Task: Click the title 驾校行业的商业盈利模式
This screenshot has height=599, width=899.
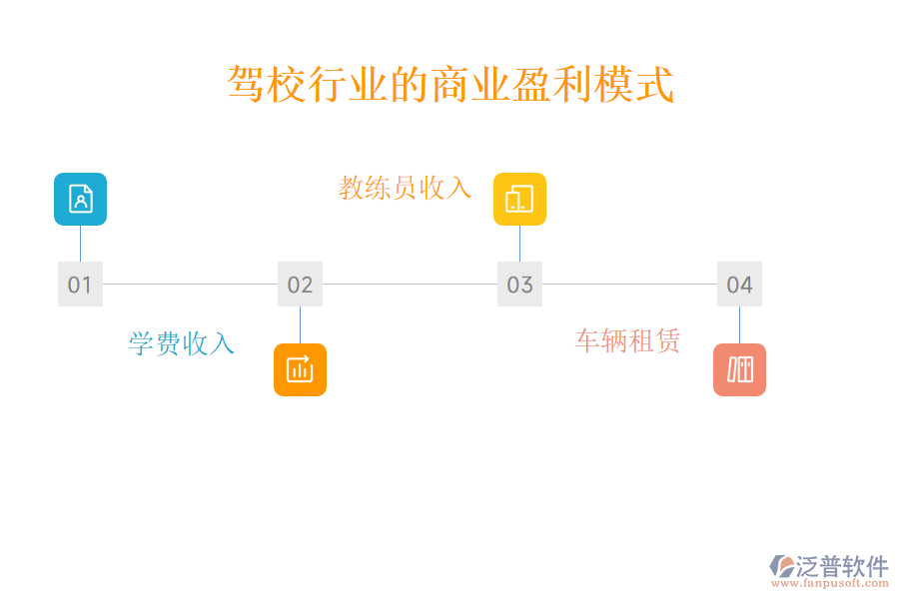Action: tap(450, 85)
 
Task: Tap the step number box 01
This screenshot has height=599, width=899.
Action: tap(80, 285)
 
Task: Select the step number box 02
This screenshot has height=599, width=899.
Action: tap(300, 285)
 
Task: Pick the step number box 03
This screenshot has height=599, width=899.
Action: tap(519, 285)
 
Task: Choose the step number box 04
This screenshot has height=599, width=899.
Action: tap(739, 285)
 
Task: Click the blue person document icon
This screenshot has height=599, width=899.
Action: tap(80, 199)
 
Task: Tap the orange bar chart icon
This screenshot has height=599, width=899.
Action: tap(300, 369)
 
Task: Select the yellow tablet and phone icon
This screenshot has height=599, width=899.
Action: tap(519, 199)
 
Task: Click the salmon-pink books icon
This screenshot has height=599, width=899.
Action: tap(739, 369)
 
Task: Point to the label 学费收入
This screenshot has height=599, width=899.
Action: tap(182, 344)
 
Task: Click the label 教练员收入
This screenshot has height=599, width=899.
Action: tap(405, 188)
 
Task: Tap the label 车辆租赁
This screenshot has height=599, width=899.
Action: tap(627, 341)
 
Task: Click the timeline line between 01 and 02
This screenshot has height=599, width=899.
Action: tap(190, 284)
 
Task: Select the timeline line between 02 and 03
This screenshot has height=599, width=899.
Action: tap(410, 284)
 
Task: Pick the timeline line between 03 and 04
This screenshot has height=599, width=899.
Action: tap(629, 284)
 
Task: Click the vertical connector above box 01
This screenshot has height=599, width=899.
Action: tap(80, 244)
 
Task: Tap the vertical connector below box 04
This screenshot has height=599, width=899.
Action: tap(739, 324)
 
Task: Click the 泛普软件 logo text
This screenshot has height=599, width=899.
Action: tap(841, 566)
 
